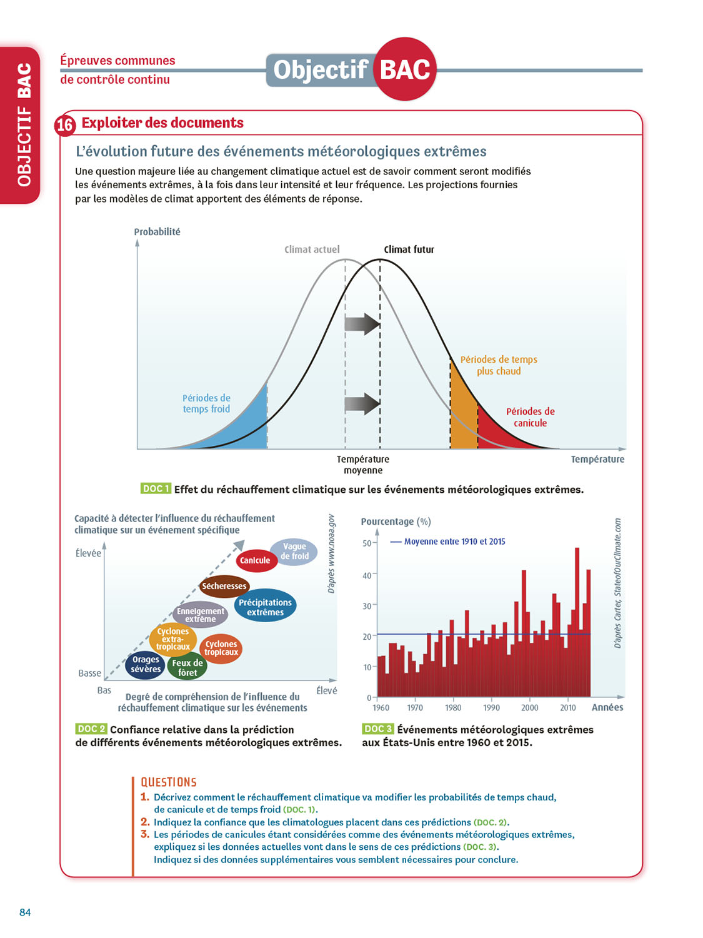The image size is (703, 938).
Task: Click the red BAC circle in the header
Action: pyautogui.click(x=405, y=69)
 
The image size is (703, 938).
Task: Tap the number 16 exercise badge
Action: pyautogui.click(x=65, y=125)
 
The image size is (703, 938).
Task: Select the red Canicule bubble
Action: pyautogui.click(x=255, y=560)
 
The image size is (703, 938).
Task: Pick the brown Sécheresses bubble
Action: pyautogui.click(x=224, y=586)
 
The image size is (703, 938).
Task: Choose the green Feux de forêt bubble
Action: pyautogui.click(x=187, y=667)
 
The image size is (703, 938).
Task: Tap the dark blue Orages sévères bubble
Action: pyautogui.click(x=146, y=665)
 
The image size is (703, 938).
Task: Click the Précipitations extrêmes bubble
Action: pyautogui.click(x=266, y=607)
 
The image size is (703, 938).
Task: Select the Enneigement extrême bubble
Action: pyautogui.click(x=200, y=615)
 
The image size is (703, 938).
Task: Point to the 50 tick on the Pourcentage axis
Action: pyautogui.click(x=367, y=543)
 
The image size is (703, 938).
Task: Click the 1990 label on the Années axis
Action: pyautogui.click(x=491, y=708)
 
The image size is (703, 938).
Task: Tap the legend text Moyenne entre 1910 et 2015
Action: pyautogui.click(x=454, y=542)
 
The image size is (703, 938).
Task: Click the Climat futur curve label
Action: pyautogui.click(x=409, y=250)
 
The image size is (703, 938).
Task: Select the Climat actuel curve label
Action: pyautogui.click(x=312, y=250)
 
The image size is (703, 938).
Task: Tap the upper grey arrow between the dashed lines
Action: pyautogui.click(x=362, y=324)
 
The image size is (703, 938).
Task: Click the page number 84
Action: pyautogui.click(x=25, y=912)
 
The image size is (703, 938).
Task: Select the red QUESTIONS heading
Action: pyautogui.click(x=169, y=782)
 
